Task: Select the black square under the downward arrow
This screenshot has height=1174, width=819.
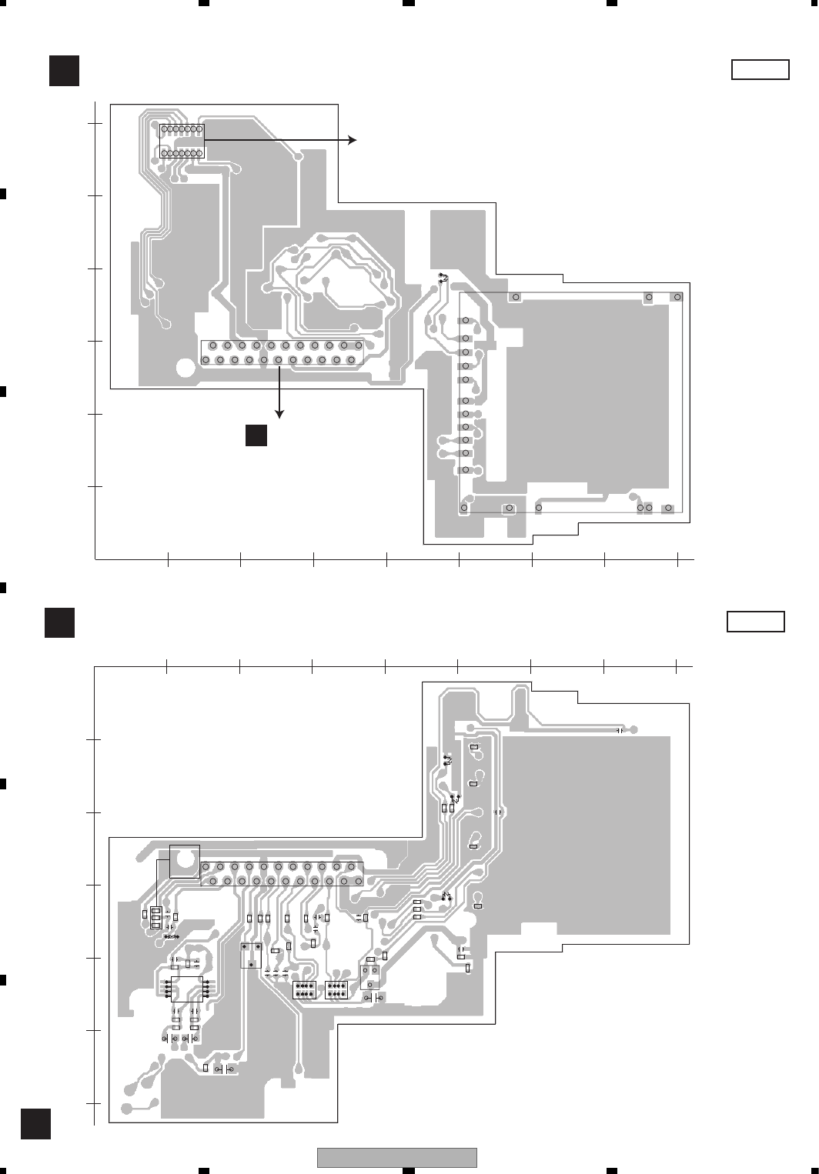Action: [x=256, y=435]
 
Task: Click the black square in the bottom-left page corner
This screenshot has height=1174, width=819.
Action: [x=35, y=1123]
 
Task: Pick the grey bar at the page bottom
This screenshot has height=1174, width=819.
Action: [x=397, y=1157]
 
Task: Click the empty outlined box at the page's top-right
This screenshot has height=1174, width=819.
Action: [x=760, y=69]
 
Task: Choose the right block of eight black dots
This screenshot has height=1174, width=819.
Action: [x=337, y=990]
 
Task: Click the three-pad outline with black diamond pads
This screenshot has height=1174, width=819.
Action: [x=251, y=955]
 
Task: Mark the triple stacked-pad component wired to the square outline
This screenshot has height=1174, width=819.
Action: [x=156, y=919]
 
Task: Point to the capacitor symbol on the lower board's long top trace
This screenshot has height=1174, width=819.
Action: [x=620, y=729]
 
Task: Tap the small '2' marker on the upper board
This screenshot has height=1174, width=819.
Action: [x=443, y=278]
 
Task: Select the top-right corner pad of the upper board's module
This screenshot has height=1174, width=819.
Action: [x=677, y=297]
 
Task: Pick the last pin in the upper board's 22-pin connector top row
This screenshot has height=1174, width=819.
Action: [x=358, y=346]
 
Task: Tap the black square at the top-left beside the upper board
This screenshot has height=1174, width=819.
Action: [x=64, y=70]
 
